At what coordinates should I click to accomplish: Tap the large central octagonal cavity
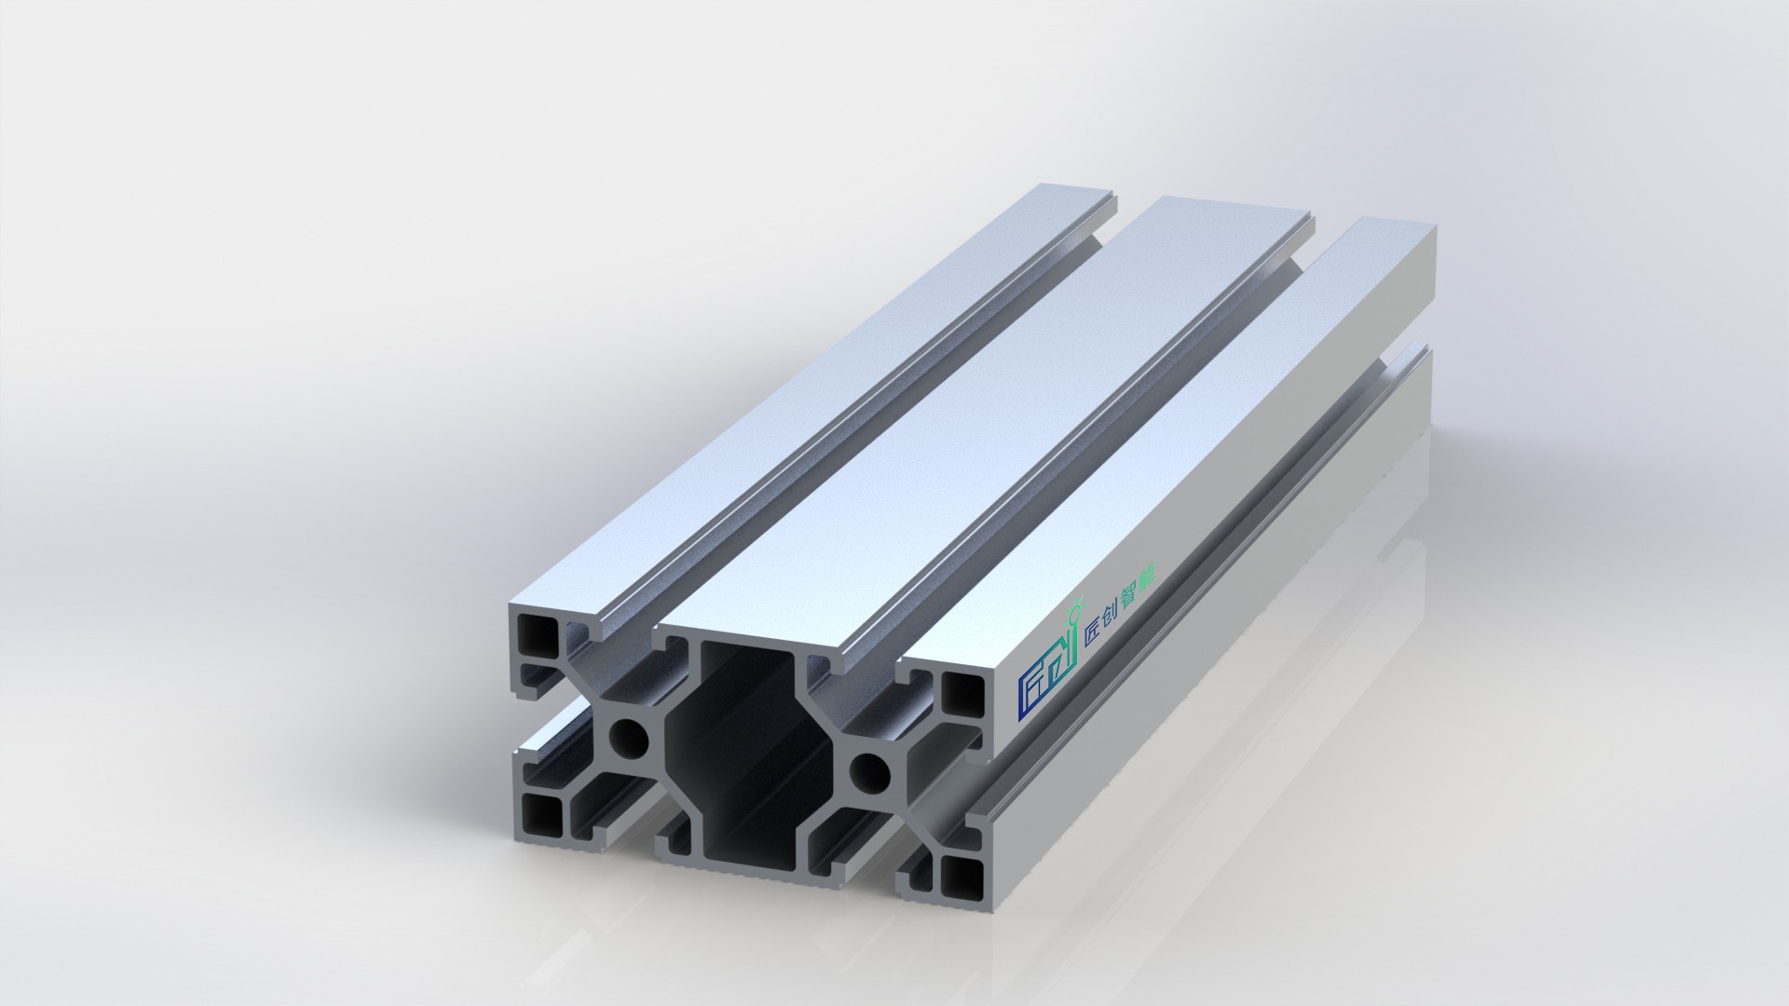(x=746, y=736)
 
